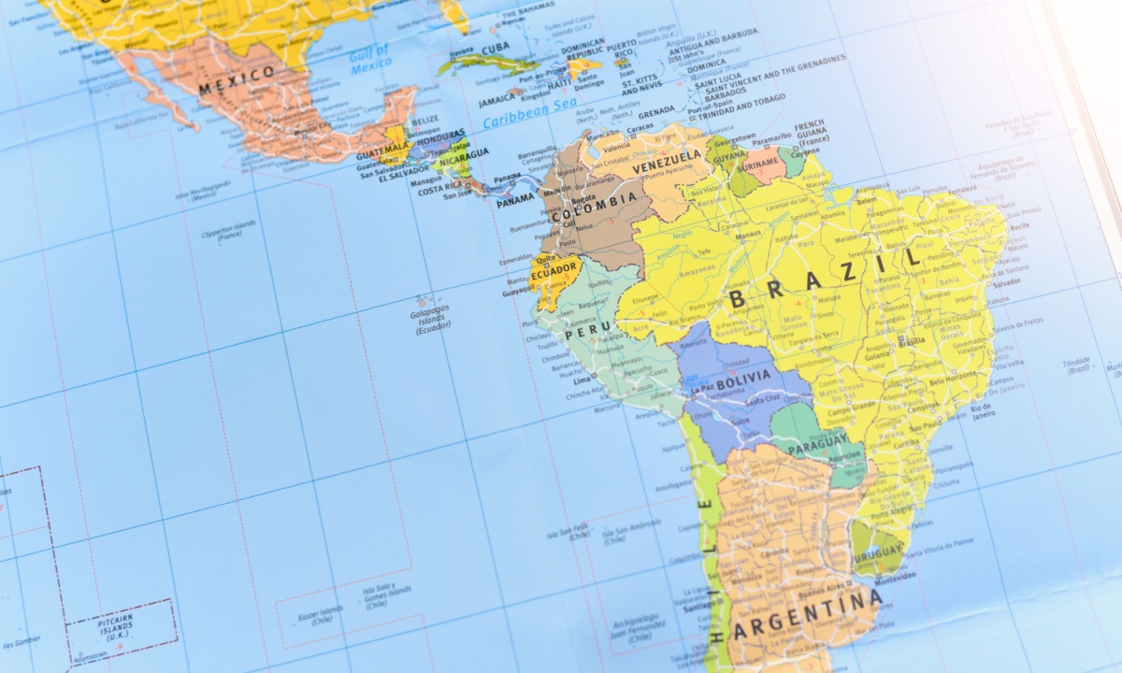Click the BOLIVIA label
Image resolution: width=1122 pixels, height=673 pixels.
tap(743, 377)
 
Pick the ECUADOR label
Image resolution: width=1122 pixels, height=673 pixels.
tap(554, 269)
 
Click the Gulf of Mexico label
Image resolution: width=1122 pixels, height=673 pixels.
tap(370, 58)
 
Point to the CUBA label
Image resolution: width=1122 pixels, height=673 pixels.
tap(496, 49)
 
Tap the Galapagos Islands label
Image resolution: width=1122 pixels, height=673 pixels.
tap(431, 318)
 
